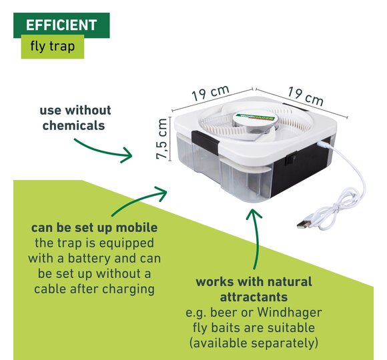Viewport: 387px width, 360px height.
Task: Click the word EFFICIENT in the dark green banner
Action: (61, 25)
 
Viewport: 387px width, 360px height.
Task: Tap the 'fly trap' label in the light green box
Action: (52, 47)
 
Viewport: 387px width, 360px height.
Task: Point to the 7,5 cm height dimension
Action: (162, 139)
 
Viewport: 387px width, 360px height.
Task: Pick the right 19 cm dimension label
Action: (306, 96)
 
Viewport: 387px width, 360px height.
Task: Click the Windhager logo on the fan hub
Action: (255, 117)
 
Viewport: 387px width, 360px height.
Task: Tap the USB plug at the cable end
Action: (304, 223)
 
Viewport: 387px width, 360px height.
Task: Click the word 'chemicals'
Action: (73, 125)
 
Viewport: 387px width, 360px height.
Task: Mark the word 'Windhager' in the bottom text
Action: (290, 313)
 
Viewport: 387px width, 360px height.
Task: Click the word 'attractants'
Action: (254, 297)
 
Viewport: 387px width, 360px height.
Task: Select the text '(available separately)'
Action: (254, 343)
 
